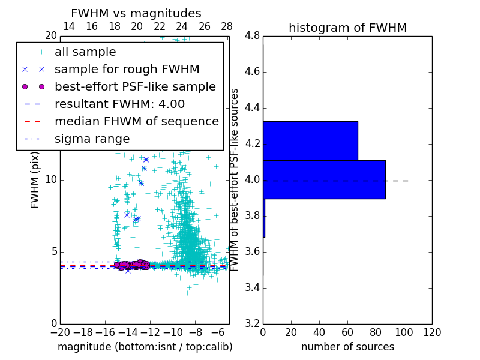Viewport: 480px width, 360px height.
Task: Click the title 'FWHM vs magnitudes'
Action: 136,13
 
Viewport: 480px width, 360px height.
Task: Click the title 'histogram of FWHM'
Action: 347,28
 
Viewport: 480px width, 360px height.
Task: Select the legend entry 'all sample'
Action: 85,52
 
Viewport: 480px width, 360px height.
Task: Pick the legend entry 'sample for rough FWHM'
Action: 127,69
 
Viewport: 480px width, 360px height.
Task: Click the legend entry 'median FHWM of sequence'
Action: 136,121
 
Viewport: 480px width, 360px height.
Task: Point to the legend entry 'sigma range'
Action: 92,139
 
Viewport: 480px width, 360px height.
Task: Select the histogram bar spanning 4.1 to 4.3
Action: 310,140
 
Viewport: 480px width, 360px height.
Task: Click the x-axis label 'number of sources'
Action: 347,347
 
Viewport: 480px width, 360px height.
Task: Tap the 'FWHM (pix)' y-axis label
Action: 35,179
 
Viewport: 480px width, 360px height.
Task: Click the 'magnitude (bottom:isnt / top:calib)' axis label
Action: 145,347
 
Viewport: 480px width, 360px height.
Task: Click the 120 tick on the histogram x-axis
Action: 432,332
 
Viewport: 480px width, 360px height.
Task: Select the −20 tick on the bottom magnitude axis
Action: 60,332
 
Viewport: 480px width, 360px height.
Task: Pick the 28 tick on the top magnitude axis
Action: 227,26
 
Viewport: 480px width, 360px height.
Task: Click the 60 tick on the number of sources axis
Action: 347,332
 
